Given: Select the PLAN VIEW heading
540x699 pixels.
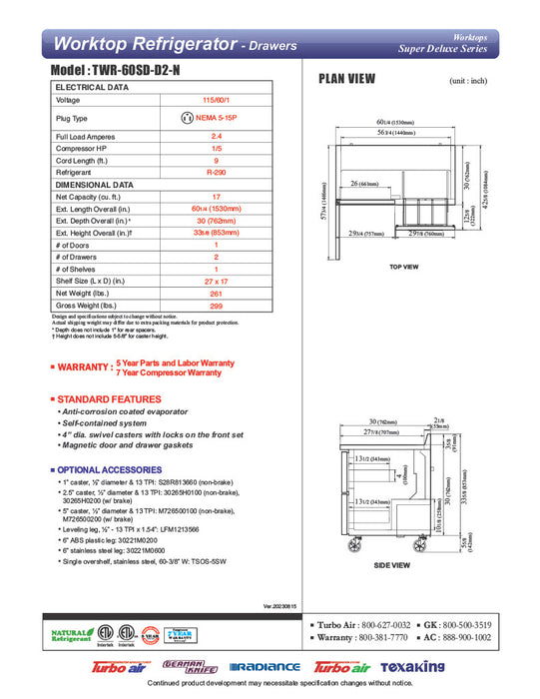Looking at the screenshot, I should pyautogui.click(x=346, y=80).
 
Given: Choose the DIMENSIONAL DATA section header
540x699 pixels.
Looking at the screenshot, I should pyautogui.click(x=95, y=185).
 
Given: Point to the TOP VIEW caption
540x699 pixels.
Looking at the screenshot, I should pyautogui.click(x=401, y=269).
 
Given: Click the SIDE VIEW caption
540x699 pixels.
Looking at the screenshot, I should pyautogui.click(x=390, y=565).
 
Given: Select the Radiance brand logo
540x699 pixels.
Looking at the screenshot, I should pyautogui.click(x=265, y=667).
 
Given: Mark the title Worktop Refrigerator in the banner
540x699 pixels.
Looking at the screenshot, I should pyautogui.click(x=143, y=44).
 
